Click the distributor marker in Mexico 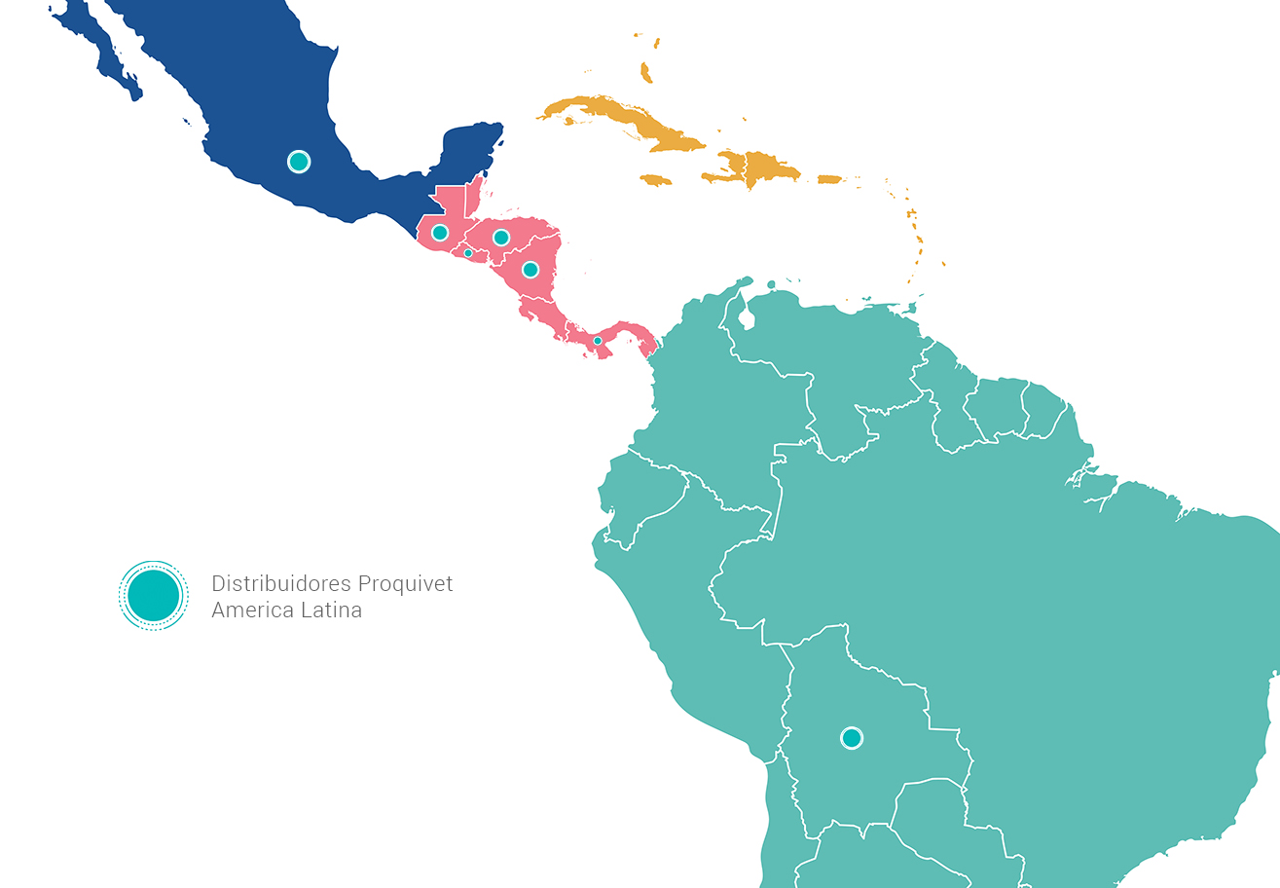pyautogui.click(x=299, y=162)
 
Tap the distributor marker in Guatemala pyautogui.click(x=440, y=233)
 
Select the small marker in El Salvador pyautogui.click(x=468, y=253)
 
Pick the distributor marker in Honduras pyautogui.click(x=501, y=238)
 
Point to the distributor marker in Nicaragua pyautogui.click(x=530, y=269)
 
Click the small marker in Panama pyautogui.click(x=598, y=341)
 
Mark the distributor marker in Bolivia pyautogui.click(x=852, y=738)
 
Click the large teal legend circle pyautogui.click(x=154, y=596)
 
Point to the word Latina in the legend pyautogui.click(x=331, y=611)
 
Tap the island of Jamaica pyautogui.click(x=657, y=180)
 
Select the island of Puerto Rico pyautogui.click(x=829, y=179)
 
